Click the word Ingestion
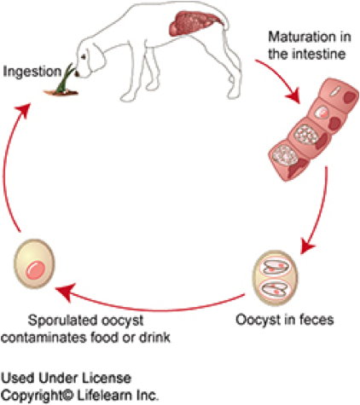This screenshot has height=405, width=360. (32, 72)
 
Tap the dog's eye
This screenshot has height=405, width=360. (84, 57)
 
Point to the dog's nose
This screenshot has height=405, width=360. (77, 74)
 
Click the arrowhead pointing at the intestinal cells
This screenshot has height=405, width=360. (293, 96)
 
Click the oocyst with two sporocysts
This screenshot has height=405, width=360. (276, 278)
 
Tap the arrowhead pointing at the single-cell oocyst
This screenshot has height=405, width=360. (65, 292)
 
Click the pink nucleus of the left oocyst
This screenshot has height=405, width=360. (36, 269)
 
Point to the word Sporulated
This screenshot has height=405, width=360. (63, 321)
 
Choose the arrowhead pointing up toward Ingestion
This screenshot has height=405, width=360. (24, 110)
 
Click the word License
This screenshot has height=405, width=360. (107, 378)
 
